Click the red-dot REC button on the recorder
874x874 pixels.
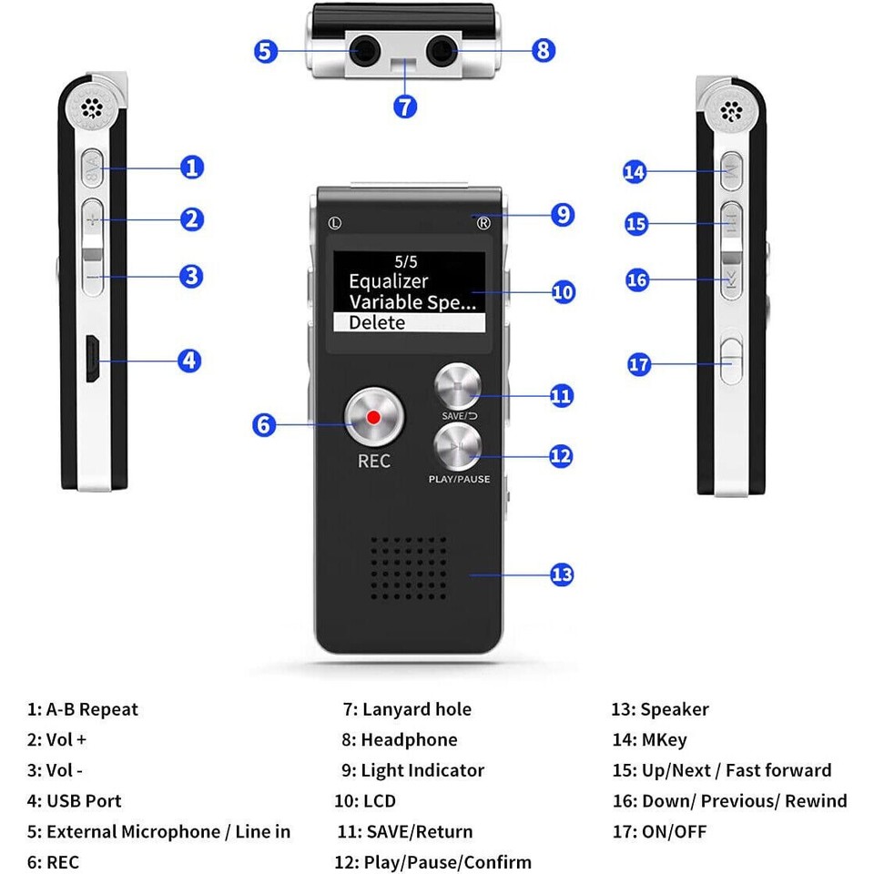373,417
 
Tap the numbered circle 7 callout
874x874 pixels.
405,106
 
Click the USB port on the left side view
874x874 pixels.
92,361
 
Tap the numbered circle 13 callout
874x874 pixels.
562,574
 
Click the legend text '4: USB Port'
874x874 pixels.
74,801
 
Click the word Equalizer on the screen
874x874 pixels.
388,281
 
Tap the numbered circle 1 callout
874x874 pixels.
191,168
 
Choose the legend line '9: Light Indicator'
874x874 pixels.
413,770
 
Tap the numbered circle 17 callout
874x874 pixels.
639,365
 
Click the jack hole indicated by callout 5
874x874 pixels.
364,51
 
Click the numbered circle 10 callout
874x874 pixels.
564,292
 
